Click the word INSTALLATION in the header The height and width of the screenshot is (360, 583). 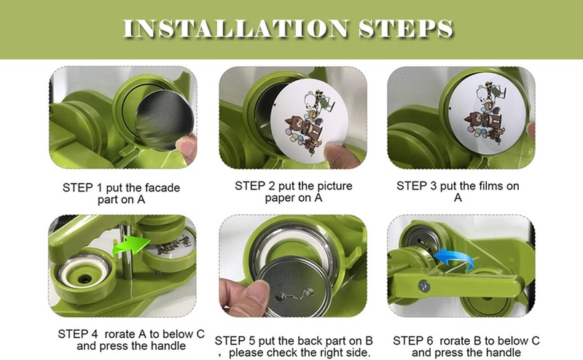235,28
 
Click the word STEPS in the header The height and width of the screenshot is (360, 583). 406,28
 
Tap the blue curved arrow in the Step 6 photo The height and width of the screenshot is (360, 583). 454,258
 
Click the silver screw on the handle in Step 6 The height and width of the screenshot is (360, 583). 424,286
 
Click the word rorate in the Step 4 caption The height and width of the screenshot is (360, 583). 120,334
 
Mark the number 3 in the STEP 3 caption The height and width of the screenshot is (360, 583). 433,186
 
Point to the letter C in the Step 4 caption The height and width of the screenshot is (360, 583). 200,334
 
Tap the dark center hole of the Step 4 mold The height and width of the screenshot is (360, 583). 85,278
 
